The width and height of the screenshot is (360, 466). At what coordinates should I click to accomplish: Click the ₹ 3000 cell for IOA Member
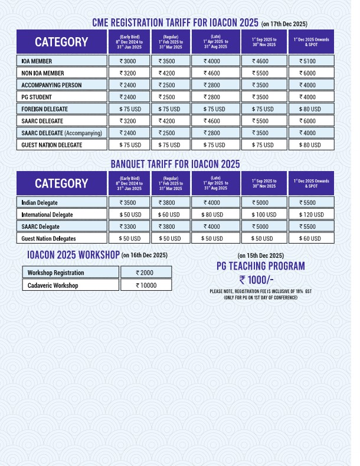point(129,61)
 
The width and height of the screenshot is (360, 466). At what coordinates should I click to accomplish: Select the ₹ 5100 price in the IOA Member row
point(310,61)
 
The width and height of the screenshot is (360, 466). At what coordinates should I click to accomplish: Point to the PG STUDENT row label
point(37,97)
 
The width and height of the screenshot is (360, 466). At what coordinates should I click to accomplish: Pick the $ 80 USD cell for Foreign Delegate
point(310,109)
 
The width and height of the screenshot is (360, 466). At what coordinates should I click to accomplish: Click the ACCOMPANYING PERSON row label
point(51,85)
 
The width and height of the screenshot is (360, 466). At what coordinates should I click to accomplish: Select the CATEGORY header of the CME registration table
point(61,42)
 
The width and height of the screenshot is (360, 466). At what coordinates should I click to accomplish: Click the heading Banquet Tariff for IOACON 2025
point(175,164)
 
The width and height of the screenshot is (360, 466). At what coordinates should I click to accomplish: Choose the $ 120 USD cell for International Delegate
point(310,215)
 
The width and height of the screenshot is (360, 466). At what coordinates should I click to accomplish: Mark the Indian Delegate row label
point(41,202)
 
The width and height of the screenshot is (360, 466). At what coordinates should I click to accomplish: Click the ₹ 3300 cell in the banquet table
point(129,227)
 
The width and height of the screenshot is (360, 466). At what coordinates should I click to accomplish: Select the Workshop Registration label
point(56,273)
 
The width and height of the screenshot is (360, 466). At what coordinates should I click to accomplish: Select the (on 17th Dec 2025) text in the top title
point(284,24)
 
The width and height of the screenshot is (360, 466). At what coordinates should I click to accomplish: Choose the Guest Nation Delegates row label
point(48,238)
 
